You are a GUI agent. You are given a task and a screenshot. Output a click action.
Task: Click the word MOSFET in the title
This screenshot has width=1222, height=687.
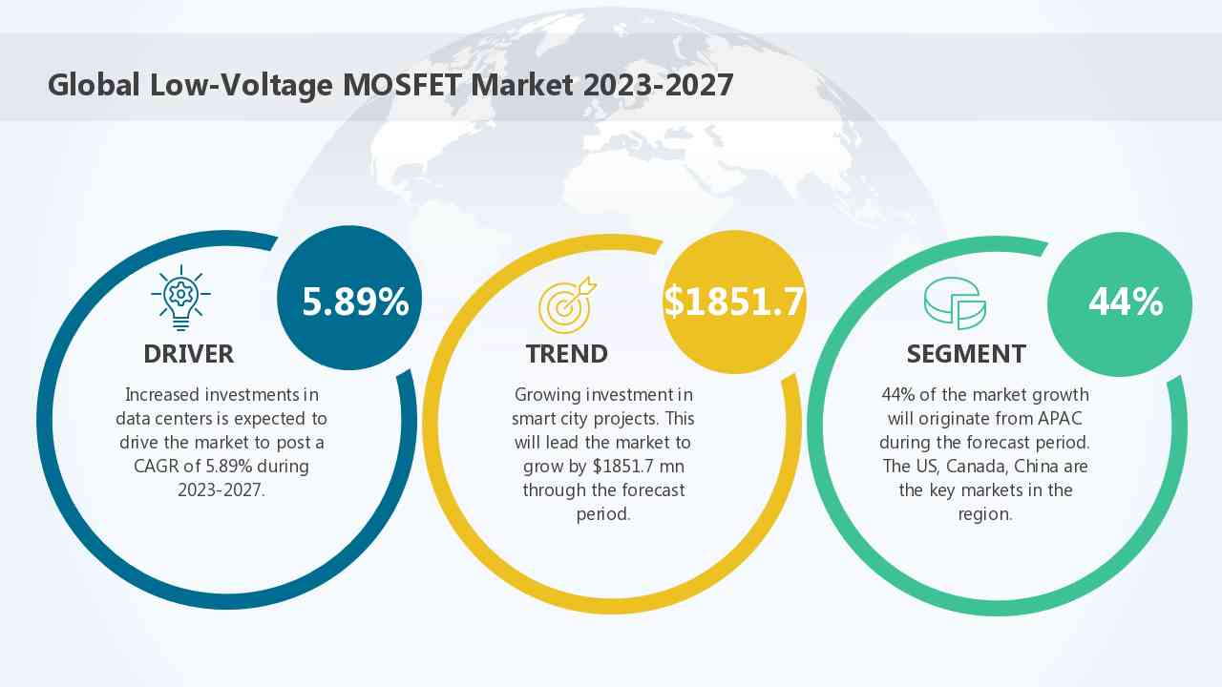coord(404,85)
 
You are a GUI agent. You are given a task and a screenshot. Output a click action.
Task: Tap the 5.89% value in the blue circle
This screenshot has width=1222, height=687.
coord(355,302)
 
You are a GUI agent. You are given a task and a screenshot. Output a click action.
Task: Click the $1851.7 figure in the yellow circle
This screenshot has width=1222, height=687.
coord(734,302)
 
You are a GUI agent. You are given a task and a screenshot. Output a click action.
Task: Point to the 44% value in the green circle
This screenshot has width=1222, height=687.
coord(1126,302)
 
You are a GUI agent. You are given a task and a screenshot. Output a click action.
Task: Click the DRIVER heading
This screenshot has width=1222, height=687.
coord(188,354)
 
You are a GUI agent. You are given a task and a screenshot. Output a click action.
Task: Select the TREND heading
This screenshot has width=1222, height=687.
coord(566,354)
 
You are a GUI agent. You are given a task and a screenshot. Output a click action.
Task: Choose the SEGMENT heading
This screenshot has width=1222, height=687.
coord(966,354)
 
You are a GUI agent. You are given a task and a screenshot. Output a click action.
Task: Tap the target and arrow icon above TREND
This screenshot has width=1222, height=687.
coord(567,304)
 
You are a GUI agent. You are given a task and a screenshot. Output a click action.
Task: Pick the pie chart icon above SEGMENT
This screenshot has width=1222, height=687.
coord(955,303)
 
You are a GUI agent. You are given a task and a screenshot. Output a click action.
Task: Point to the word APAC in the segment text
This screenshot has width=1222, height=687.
coord(1062,419)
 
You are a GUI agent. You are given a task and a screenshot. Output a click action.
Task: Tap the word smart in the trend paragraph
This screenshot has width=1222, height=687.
coord(536,419)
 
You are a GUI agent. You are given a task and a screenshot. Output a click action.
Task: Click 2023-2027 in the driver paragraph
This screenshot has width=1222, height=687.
coord(221,490)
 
